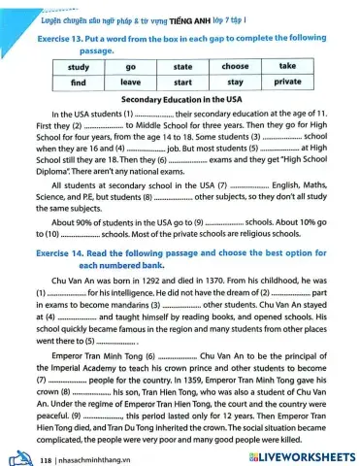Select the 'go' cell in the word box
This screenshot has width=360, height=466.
(x=130, y=66)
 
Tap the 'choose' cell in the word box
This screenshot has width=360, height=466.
(x=235, y=66)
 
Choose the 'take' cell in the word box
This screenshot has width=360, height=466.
(x=288, y=66)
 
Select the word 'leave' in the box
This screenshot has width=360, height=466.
(x=130, y=83)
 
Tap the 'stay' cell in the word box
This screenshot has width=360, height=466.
(x=235, y=83)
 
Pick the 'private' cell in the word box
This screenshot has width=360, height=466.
(x=288, y=83)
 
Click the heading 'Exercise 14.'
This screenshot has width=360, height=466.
(x=62, y=251)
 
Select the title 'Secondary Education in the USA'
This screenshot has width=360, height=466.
(x=180, y=100)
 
